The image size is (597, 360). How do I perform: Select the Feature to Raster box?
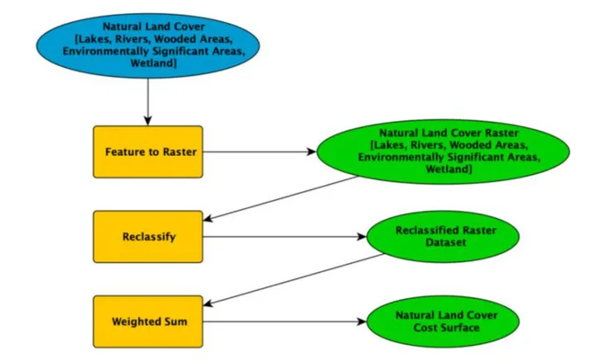[x=148, y=153]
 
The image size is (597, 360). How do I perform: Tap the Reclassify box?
[x=148, y=237]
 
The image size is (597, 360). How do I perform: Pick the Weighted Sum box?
[x=148, y=321]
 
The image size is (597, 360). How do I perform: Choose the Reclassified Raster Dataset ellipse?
[x=443, y=237]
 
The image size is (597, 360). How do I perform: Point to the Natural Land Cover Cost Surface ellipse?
[x=443, y=321]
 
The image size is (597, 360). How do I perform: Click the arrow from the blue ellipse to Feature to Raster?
[x=148, y=100]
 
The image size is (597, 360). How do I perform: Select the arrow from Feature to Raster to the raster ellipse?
[x=257, y=153]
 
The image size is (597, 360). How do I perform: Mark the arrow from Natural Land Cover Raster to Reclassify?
[x=282, y=198]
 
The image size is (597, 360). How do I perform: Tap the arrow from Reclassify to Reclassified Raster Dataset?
[x=282, y=237]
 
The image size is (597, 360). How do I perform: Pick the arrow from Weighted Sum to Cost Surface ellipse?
[x=282, y=321]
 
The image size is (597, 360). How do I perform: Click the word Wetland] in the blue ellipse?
[x=148, y=63]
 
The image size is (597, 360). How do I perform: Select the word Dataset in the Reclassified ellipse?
[x=444, y=244]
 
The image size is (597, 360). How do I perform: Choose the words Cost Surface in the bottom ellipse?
[x=444, y=328]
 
